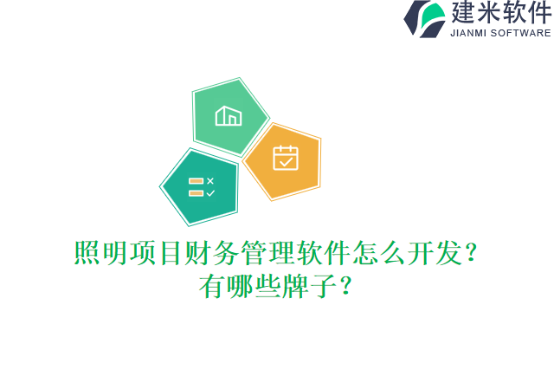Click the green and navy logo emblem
[425, 18]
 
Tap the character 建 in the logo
[465, 14]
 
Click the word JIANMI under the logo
[468, 33]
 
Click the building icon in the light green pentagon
[229, 115]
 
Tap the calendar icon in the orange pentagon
[285, 158]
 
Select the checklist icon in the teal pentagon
[201, 187]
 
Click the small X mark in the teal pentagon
[209, 181]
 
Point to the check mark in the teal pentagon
[209, 193]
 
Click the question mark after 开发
[471, 254]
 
